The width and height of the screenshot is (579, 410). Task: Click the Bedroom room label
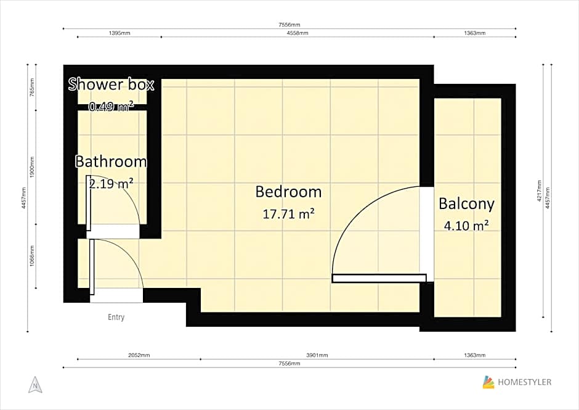coord(288,192)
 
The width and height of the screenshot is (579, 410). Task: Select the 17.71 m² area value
coord(288,214)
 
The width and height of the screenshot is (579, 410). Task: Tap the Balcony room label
coord(466,203)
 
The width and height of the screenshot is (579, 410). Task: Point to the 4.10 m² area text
coord(466,226)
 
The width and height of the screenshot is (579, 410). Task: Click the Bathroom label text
coord(111,162)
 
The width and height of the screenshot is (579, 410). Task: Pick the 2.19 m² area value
coord(111,183)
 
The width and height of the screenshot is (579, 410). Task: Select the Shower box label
coord(111,84)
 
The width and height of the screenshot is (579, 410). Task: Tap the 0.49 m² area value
coord(111,107)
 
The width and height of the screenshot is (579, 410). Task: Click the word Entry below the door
coord(116,318)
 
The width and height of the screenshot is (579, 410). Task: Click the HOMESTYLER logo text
coord(525,382)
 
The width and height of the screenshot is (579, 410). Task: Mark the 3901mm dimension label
coord(317,355)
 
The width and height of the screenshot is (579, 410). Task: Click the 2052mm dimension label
coord(139,355)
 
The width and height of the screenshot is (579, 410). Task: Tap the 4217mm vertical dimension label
coord(540,191)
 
